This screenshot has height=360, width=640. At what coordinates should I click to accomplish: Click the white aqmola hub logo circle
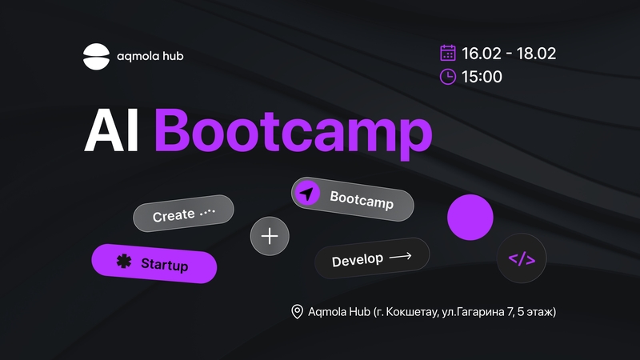tap(96, 56)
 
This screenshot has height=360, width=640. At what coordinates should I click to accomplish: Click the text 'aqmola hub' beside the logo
tap(150, 56)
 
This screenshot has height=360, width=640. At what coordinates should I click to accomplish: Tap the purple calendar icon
tap(448, 53)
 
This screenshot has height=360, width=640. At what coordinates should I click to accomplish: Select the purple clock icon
tap(448, 77)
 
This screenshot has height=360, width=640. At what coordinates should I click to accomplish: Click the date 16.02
tap(482, 54)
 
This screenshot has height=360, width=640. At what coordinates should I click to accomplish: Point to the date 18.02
tap(536, 54)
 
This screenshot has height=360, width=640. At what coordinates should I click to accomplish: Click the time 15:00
tap(482, 77)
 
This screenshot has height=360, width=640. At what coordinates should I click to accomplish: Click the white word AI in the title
tap(111, 131)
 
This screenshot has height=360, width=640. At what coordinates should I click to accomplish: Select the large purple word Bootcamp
tap(293, 134)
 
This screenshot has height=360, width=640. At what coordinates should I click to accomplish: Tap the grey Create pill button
tap(183, 213)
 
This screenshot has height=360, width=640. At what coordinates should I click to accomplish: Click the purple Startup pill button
tap(154, 263)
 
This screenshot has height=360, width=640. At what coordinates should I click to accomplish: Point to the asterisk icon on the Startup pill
tap(124, 261)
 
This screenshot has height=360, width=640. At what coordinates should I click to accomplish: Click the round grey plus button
tap(270, 236)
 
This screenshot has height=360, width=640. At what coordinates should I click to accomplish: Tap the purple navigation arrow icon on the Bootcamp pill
tap(307, 193)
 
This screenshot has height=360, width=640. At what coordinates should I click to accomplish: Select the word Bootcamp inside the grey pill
tap(362, 199)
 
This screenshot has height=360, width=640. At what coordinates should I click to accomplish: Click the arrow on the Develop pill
tap(401, 256)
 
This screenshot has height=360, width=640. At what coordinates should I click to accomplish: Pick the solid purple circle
tap(470, 217)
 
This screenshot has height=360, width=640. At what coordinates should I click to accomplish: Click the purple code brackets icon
tap(522, 258)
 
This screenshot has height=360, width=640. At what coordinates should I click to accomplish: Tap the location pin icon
tap(297, 312)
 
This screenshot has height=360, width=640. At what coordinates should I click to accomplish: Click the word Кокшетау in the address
tap(412, 312)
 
